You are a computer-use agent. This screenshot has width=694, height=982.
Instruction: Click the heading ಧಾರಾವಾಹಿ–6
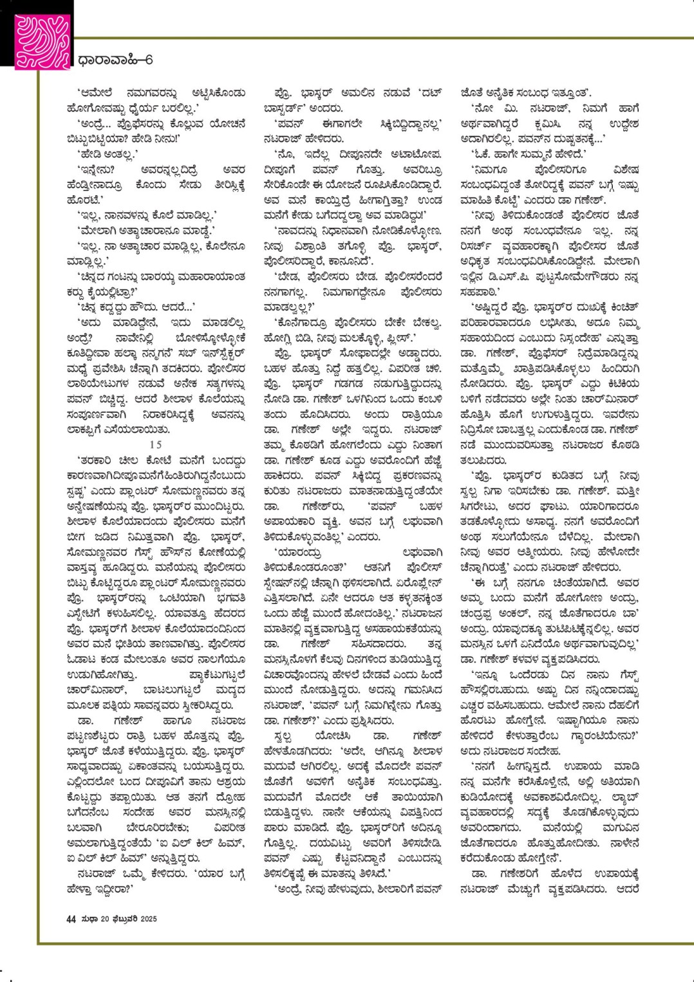(115, 61)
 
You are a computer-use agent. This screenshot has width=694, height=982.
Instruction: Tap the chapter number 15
(156, 444)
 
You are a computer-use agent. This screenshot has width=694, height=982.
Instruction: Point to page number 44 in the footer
(71, 919)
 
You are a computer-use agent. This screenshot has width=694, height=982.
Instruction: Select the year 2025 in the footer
(148, 919)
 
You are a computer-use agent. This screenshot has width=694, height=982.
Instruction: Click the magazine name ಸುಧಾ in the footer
(89, 919)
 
